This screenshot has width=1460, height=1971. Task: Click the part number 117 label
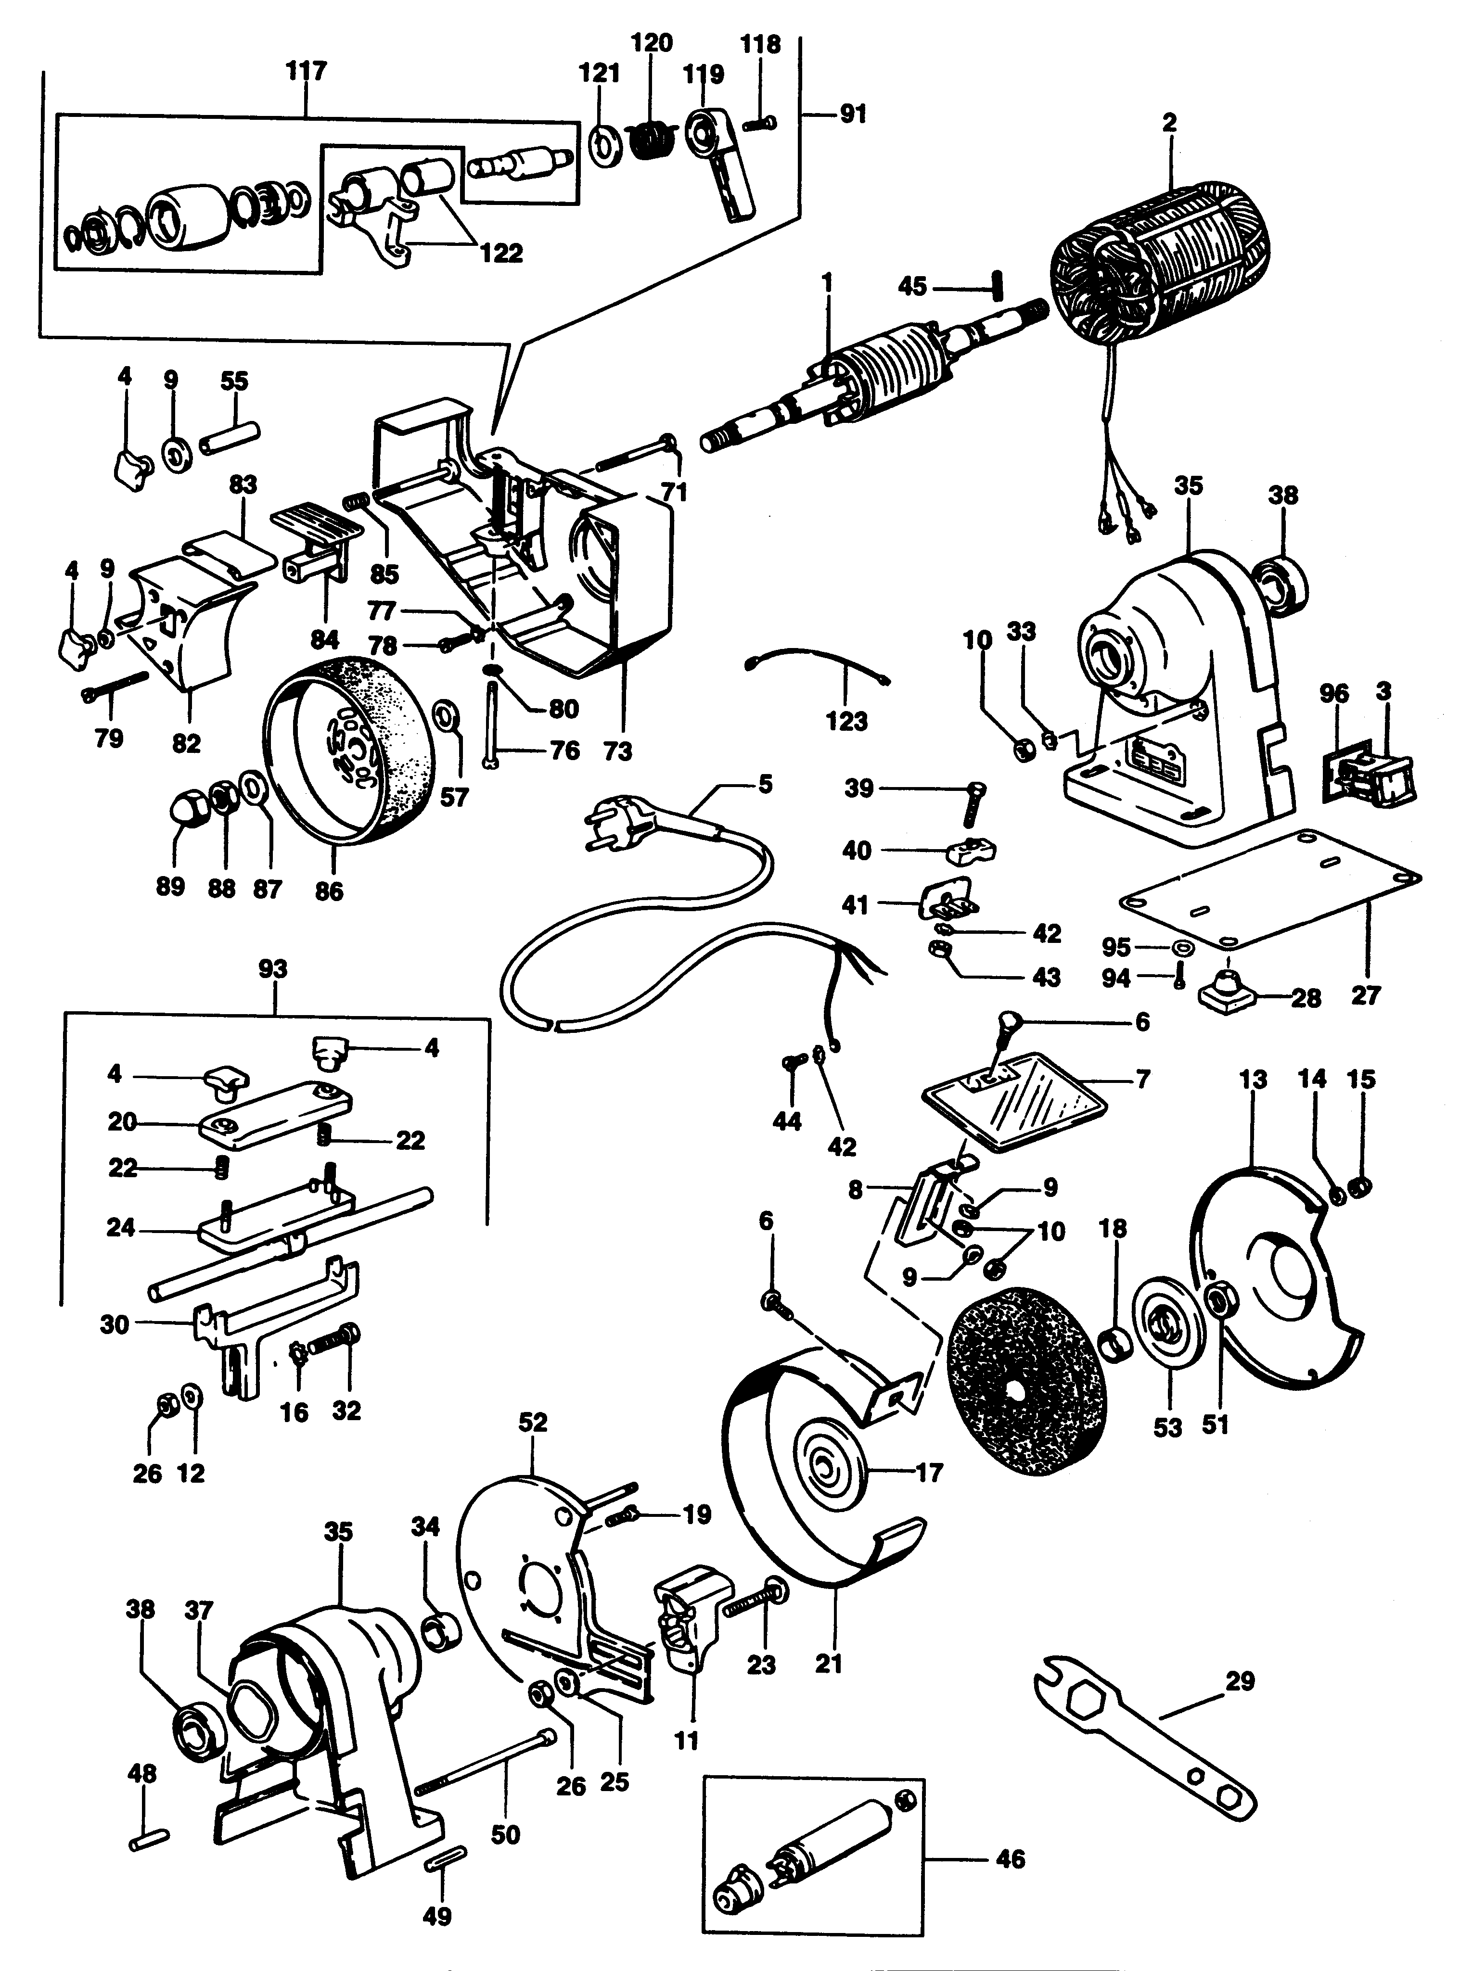[x=306, y=71]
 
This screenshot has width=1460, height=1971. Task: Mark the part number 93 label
[x=273, y=969]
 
